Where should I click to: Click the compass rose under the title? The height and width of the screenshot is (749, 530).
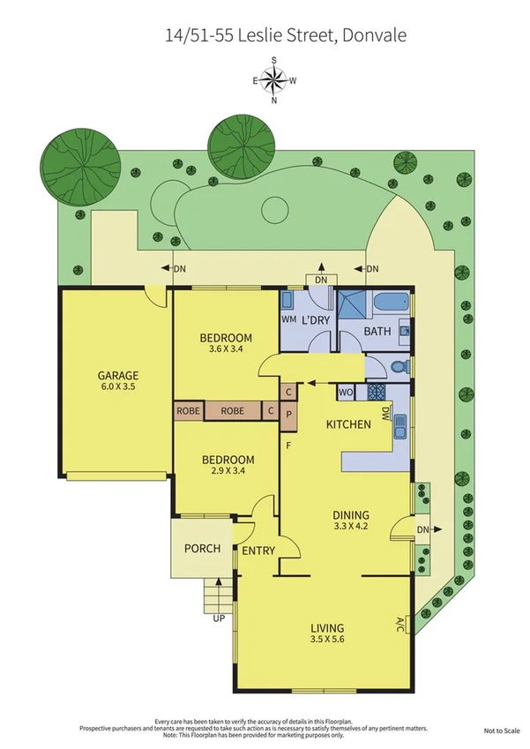(x=274, y=80)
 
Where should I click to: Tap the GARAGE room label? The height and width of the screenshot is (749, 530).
(x=118, y=375)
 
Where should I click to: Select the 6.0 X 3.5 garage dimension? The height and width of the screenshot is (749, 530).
(x=118, y=386)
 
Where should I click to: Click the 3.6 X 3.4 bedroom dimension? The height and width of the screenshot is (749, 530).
(x=226, y=349)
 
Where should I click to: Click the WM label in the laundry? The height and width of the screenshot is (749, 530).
(x=288, y=319)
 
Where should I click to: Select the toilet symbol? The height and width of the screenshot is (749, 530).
(x=397, y=366)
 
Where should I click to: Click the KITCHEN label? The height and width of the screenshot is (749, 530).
(x=348, y=424)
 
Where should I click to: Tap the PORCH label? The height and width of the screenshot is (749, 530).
(x=201, y=549)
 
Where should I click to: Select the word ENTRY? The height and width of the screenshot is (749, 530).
(x=258, y=551)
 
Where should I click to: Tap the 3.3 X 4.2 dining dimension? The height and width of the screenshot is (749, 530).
(x=351, y=527)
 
